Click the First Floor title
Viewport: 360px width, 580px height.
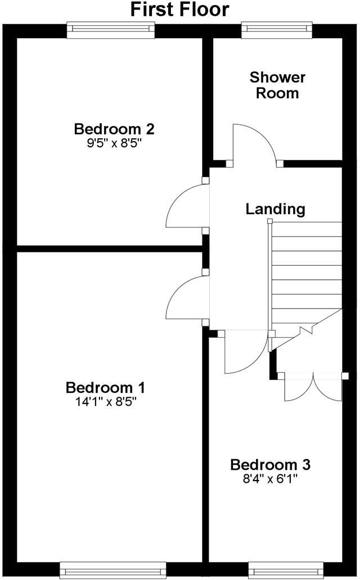point(180,10)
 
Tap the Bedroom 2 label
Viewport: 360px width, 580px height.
point(114,129)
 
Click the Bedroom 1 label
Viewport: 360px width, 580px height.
point(106,387)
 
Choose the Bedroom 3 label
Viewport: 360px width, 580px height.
point(271,465)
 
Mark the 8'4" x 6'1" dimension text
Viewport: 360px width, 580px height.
point(271,479)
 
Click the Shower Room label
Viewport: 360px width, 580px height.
point(277,85)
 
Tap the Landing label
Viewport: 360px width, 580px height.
point(275,209)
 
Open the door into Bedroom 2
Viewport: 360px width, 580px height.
point(187,206)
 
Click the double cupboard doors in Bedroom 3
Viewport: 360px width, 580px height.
point(313,388)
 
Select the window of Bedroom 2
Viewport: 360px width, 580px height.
point(110,30)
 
